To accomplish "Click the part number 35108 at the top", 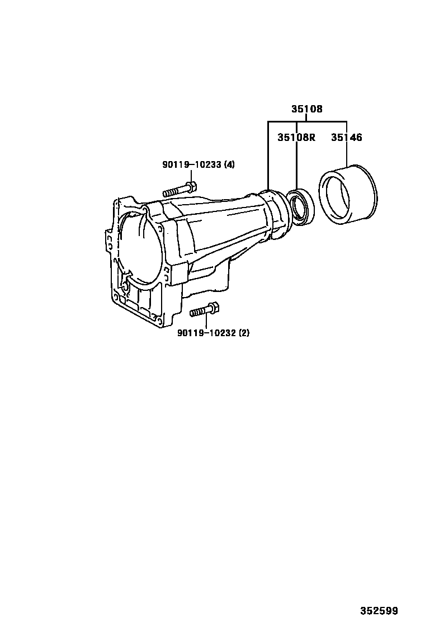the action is click(x=306, y=110).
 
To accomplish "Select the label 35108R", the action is click(x=296, y=137).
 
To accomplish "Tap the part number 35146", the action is click(x=347, y=137).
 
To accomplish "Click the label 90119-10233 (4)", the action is click(x=199, y=164).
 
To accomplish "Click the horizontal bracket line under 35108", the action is click(x=307, y=121).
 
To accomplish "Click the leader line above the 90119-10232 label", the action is click(x=206, y=322).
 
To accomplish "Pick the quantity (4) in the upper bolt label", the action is click(x=229, y=164).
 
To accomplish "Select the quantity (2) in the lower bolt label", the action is click(x=244, y=333).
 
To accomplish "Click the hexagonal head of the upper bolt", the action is click(x=191, y=187).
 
